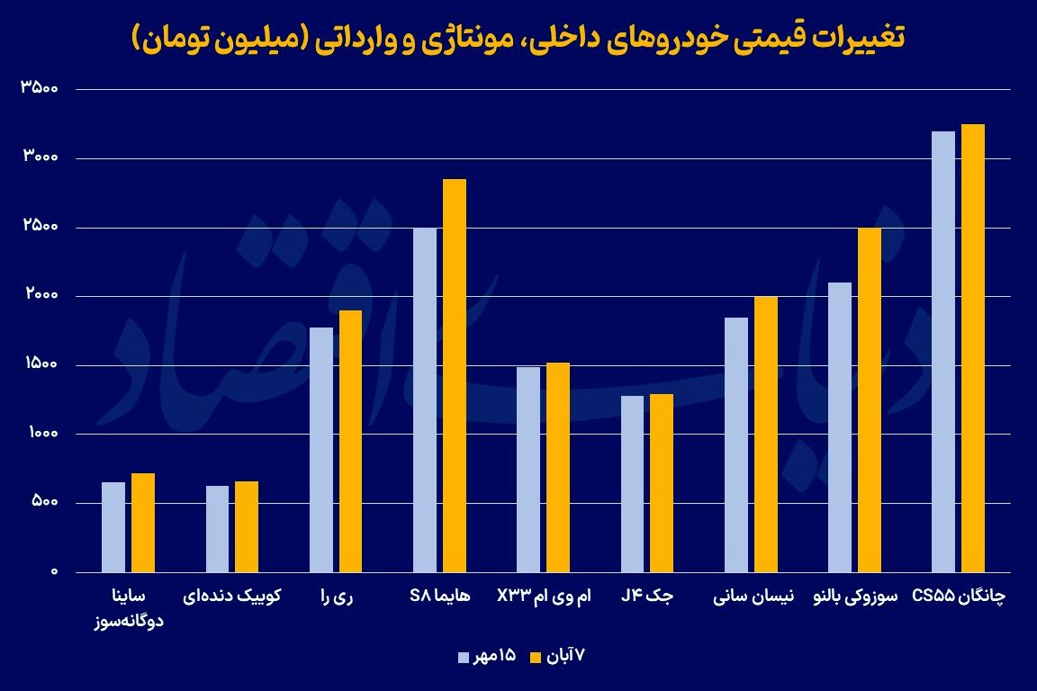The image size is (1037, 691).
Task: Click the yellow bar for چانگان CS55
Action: click(972, 348)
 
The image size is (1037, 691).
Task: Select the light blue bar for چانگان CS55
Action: click(942, 352)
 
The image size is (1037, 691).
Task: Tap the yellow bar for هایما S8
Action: click(454, 375)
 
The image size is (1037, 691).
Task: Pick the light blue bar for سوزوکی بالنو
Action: click(839, 427)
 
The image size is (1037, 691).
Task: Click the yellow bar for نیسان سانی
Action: click(765, 435)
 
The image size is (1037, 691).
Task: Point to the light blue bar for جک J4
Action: click(632, 484)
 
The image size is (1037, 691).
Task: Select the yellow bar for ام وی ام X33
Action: click(557, 467)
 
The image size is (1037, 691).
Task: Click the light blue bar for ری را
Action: click(320, 450)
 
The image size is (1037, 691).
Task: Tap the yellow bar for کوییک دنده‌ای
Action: click(247, 526)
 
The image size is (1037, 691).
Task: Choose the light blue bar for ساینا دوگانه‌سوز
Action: click(113, 527)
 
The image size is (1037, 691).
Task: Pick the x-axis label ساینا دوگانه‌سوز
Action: click(122, 607)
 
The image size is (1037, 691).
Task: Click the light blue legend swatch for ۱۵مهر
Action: click(464, 657)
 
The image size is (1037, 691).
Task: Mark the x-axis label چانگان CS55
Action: click(958, 597)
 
